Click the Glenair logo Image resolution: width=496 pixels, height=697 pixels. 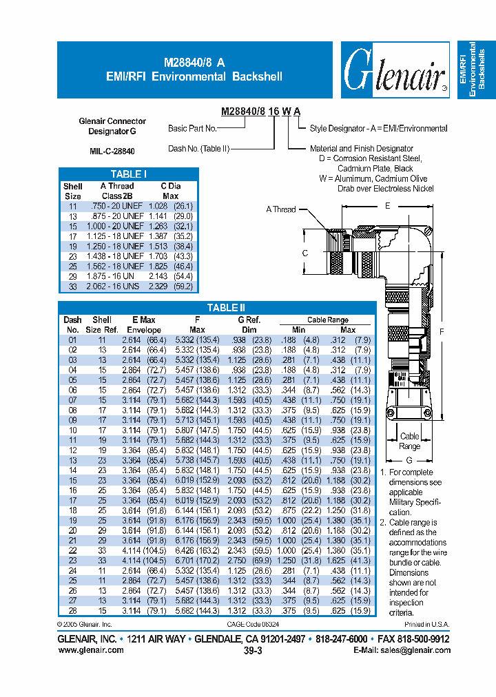click(x=395, y=70)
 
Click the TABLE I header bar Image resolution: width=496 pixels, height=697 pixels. click(x=128, y=174)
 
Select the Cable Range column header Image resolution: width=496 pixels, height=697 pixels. click(x=327, y=320)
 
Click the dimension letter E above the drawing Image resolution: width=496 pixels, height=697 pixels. click(x=387, y=206)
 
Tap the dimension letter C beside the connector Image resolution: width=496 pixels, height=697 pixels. click(x=304, y=253)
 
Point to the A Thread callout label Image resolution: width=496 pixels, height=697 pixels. click(x=280, y=209)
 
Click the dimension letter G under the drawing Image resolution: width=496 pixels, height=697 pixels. click(x=409, y=459)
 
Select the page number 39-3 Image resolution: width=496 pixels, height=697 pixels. click(x=253, y=649)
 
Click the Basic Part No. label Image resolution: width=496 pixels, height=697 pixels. click(x=192, y=128)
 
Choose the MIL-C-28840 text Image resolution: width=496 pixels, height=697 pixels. click(x=112, y=151)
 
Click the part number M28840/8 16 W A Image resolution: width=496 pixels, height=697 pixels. click(x=260, y=112)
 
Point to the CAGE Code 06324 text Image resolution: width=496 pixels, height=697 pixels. click(x=256, y=625)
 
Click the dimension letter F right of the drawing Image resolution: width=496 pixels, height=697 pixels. click(x=442, y=331)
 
